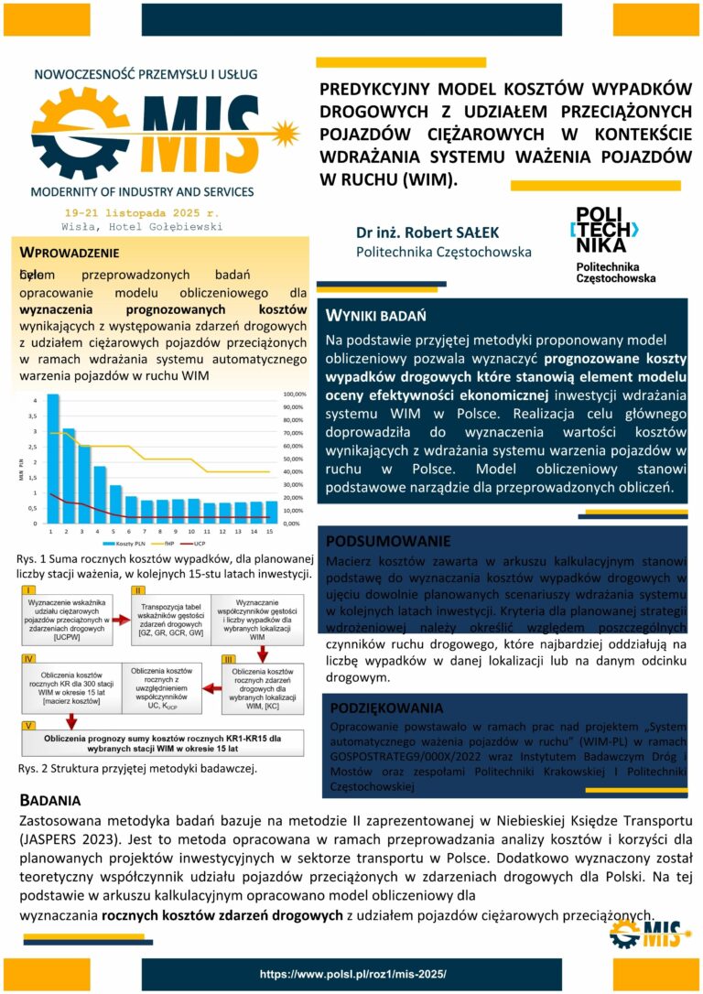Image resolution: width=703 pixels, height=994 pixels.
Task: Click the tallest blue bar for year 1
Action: tap(52, 458)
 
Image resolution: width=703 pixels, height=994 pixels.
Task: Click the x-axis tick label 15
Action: tap(270, 531)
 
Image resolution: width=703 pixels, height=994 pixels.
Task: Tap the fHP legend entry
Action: tap(170, 543)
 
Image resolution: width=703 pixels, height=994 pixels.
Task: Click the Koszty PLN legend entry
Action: tap(134, 543)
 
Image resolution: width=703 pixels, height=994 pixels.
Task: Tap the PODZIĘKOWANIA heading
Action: tap(386, 708)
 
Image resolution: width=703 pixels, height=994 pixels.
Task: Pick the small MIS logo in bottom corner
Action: tap(648, 933)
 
